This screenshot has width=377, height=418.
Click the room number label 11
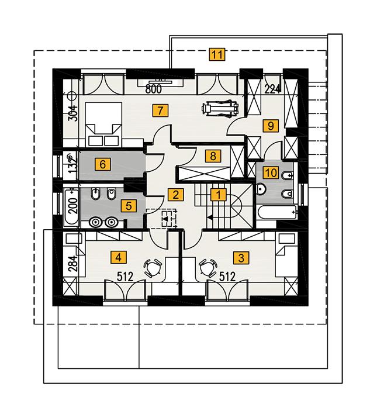click(x=217, y=56)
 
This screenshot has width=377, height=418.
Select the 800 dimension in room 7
click(x=153, y=89)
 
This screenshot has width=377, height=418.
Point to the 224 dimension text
click(x=273, y=89)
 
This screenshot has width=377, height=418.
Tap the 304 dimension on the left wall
click(x=73, y=110)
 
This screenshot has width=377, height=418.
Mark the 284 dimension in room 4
click(x=72, y=264)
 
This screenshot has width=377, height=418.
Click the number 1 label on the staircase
click(x=217, y=195)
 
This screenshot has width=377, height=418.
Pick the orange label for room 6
click(x=103, y=164)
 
